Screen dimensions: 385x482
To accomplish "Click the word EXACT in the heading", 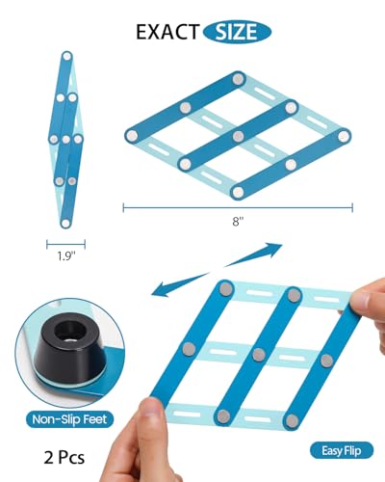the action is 167,32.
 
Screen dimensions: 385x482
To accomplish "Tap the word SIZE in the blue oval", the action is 237,32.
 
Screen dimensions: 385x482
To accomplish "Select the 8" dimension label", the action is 238,222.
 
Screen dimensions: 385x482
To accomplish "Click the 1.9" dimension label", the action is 66,256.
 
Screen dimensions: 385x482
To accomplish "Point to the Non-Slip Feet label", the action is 69,419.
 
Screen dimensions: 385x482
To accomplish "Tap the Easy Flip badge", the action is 342,450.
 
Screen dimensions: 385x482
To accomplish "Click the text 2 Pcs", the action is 64,458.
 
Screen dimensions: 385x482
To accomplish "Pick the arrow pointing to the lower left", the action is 180,283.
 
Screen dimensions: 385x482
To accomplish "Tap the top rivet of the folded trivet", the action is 66,56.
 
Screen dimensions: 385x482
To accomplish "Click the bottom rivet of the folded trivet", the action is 65,223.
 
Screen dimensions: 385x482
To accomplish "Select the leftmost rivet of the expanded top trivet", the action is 132,135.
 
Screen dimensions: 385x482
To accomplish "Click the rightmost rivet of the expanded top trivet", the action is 344,136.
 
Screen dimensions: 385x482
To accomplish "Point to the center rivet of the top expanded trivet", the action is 238,136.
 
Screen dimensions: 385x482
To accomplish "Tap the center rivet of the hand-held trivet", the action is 259,355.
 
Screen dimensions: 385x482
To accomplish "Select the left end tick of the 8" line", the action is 123,207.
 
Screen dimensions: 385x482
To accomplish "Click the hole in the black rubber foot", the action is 69,333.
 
